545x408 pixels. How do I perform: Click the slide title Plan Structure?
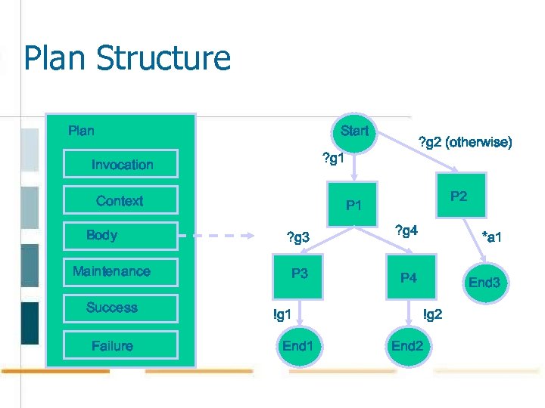[127, 59]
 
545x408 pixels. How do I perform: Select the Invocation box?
[121, 164]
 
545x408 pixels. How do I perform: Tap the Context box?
[120, 200]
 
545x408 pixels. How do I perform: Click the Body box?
[120, 235]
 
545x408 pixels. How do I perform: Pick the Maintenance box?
[120, 271]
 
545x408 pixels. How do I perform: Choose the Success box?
[120, 308]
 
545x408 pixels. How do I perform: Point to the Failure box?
[120, 345]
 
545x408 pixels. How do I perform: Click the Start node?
[354, 131]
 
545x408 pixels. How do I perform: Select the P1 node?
[353, 204]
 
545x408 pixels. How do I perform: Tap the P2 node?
[459, 196]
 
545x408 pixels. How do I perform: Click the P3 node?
[300, 274]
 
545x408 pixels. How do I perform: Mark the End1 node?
[297, 347]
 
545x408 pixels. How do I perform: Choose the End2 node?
[407, 347]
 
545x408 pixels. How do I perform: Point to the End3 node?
[484, 283]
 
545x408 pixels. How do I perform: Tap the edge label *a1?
[496, 237]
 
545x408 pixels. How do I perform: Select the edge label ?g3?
[297, 238]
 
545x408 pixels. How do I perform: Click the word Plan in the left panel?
[81, 131]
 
